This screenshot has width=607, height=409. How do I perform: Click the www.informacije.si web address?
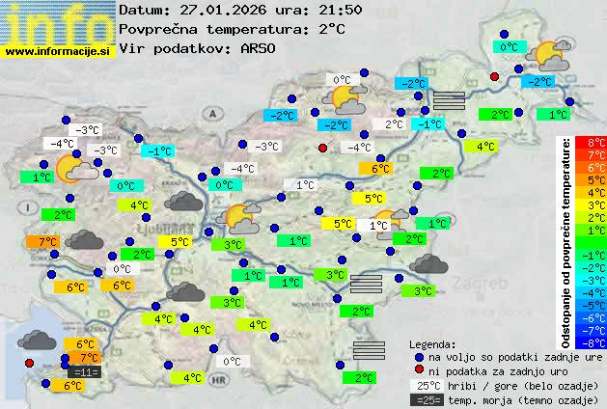point(58,51)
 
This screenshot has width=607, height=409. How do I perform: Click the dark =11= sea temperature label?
point(85,371)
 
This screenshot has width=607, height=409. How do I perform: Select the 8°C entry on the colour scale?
point(596,143)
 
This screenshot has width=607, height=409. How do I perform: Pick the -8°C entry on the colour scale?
point(596,341)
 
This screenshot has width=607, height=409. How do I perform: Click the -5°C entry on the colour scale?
point(596,305)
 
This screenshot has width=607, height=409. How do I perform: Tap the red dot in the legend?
point(418,371)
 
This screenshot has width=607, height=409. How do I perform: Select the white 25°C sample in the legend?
point(425,385)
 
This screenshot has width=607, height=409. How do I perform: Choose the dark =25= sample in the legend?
point(425,399)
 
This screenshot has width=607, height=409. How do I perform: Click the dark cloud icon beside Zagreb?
point(427,263)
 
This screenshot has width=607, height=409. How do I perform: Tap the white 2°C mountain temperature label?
point(394,124)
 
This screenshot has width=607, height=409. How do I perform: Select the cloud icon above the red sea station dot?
point(37,340)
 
